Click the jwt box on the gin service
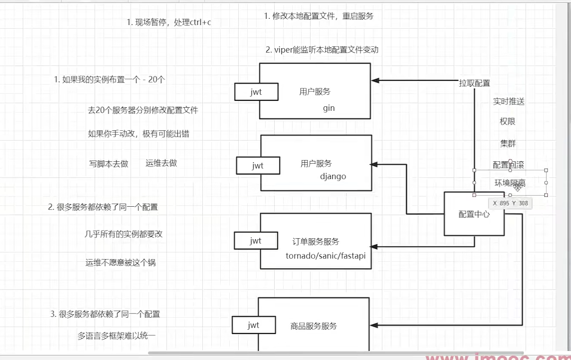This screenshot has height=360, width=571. coord(256,92)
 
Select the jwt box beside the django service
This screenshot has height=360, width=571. coord(258,166)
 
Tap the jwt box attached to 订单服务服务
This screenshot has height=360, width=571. coord(256,241)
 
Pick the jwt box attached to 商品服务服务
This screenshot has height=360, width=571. coord(254,325)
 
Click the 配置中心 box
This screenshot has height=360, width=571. coord(474,214)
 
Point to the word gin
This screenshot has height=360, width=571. coord(329,108)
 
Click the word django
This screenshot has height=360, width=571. coord(333,176)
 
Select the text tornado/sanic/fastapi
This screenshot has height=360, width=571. coord(326,256)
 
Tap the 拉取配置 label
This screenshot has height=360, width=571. coord(474,83)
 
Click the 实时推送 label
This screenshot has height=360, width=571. coord(508,102)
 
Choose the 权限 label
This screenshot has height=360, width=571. coord(507,122)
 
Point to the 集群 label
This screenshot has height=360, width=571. coord(508,143)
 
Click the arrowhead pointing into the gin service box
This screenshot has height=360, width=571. coord(375,80)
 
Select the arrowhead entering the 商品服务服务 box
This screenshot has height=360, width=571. coord(374,325)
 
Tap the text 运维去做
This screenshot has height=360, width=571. coord(161,163)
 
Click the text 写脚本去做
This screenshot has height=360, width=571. coord(108,164)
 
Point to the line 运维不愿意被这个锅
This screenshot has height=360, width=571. coord(120,263)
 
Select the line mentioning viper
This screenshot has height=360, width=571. coord(322,50)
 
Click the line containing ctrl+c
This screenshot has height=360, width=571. coord(169,22)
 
